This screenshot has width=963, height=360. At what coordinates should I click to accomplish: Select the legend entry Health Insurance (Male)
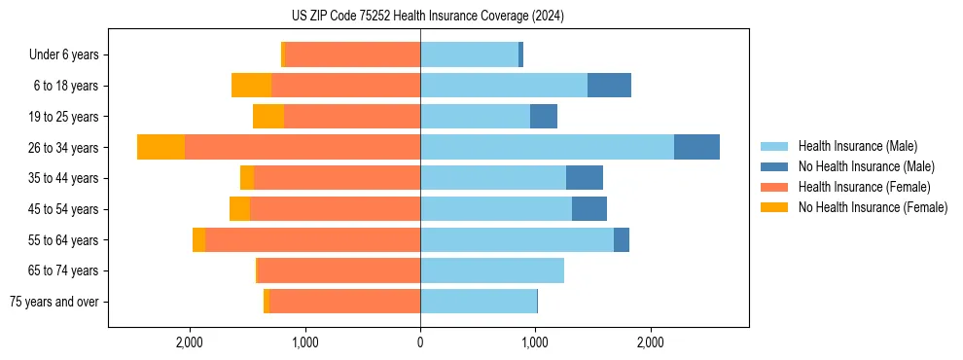[857, 146]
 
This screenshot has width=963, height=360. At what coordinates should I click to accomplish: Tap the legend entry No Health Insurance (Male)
[866, 166]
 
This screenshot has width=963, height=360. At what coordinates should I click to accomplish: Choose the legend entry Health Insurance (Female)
[864, 187]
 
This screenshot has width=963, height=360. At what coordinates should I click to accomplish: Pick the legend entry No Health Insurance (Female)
[873, 207]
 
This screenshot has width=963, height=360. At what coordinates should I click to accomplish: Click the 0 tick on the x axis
[420, 342]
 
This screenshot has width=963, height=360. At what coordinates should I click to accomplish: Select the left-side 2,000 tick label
[190, 342]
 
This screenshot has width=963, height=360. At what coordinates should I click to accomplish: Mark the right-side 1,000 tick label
[535, 342]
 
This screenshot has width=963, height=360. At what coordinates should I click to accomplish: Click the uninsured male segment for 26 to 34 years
[696, 147]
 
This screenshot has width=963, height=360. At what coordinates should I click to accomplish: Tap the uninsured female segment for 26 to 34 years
[160, 147]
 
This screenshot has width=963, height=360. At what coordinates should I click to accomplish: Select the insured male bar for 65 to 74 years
[491, 270]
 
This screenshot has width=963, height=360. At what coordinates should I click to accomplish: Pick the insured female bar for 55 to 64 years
[312, 239]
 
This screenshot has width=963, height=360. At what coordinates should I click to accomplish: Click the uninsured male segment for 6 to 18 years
[609, 86]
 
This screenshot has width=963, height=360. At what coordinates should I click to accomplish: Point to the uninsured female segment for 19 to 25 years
[268, 117]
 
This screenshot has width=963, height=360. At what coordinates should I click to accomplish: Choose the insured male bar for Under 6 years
[469, 54]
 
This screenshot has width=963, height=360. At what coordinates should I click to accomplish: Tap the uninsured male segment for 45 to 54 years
[589, 209]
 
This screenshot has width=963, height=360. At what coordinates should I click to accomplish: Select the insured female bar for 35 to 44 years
[337, 178]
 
